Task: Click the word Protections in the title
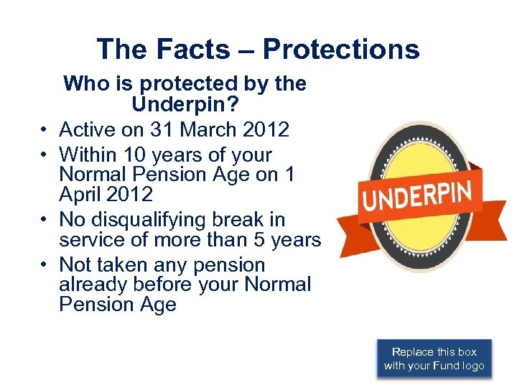341,49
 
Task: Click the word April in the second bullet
83,194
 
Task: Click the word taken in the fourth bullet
130,264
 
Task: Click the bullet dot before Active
44,130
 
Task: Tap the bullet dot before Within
44,155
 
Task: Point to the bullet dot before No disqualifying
44,220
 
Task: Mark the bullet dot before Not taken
44,265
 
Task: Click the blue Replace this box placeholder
434,359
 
